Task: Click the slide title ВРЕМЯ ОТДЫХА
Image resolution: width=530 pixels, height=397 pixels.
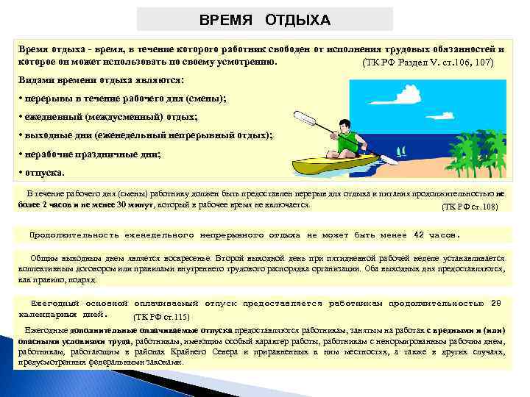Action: pyautogui.click(x=265, y=19)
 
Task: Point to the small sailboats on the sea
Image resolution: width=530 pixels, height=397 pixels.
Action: pyautogui.click(x=401, y=152)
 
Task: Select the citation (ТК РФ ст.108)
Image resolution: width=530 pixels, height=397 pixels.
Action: pyautogui.click(x=469, y=207)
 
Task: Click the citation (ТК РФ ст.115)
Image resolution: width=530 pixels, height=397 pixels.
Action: pyautogui.click(x=160, y=317)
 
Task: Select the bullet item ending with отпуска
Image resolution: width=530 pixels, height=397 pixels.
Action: pyautogui.click(x=44, y=174)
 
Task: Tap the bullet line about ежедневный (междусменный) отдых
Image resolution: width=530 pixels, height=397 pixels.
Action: pyautogui.click(x=110, y=118)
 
